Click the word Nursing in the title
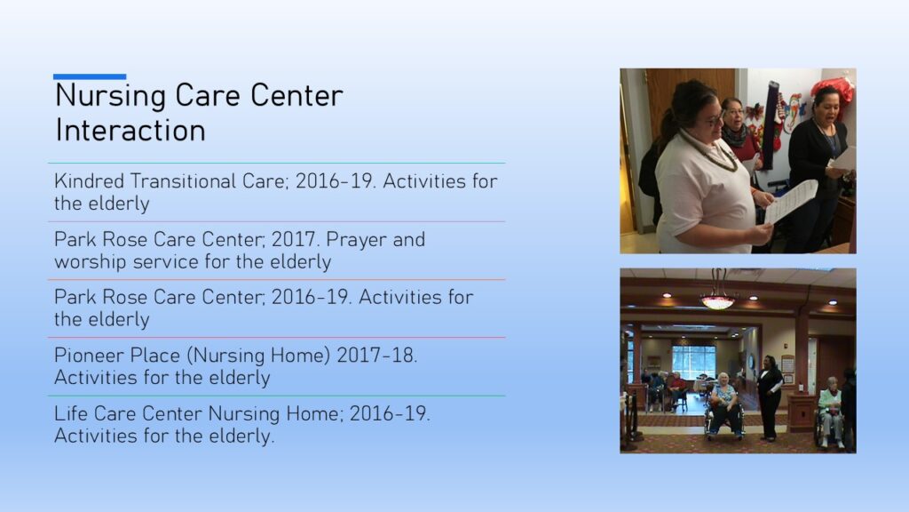(x=110, y=96)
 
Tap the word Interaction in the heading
(x=130, y=130)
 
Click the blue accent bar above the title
(x=90, y=76)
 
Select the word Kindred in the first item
(x=90, y=181)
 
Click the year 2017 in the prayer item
(x=294, y=239)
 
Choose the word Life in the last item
(x=71, y=413)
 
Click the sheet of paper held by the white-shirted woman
(x=792, y=201)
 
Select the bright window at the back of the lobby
(x=693, y=364)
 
